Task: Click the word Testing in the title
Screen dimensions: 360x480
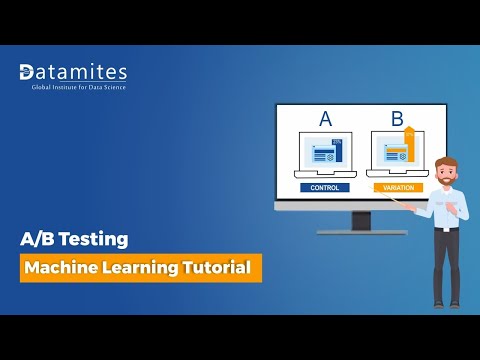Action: [94, 240]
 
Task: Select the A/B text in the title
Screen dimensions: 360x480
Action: [39, 240]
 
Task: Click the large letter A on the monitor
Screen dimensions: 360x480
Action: [325, 120]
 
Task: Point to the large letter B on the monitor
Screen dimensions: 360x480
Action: [397, 120]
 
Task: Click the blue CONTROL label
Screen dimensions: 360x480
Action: [325, 187]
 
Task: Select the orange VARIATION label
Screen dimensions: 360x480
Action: [397, 187]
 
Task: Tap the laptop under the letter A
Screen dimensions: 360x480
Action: [325, 155]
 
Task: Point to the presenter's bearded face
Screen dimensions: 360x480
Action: [446, 170]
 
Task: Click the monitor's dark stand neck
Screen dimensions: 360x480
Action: [361, 220]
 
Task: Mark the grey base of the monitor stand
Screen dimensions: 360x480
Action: [361, 232]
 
